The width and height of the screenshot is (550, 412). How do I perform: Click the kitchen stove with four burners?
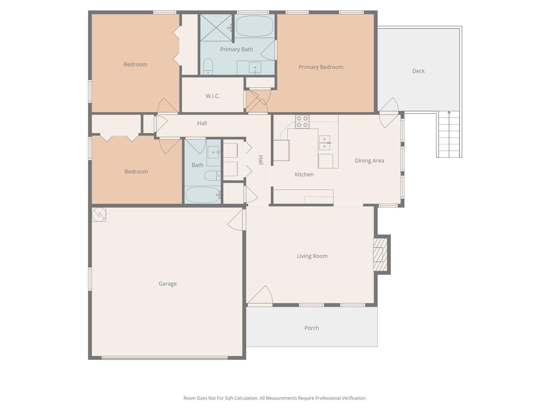[x=302, y=122]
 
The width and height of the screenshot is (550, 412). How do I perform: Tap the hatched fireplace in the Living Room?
[x=380, y=255]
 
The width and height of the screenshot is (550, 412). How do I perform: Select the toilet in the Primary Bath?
[x=208, y=66]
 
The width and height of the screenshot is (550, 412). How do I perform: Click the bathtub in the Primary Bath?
[x=254, y=26]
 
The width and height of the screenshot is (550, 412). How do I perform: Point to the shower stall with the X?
[x=216, y=28]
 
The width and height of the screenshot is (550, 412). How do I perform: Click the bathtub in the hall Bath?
[x=203, y=195]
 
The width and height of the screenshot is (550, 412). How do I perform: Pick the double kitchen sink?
[x=324, y=143]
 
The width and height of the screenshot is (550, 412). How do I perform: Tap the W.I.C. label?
[x=212, y=96]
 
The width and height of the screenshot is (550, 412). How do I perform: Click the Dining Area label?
[x=369, y=161]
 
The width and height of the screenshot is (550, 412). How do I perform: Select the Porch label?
[x=312, y=328]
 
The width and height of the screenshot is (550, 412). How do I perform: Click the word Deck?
[x=418, y=71]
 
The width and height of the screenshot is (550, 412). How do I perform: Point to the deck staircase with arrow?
[x=449, y=134]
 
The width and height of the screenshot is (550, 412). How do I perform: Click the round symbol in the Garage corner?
[x=99, y=214]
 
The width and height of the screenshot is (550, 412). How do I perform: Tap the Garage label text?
[x=168, y=284]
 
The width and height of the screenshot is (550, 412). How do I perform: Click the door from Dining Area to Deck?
[x=389, y=113]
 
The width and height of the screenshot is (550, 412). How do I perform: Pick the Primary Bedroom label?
[x=321, y=67]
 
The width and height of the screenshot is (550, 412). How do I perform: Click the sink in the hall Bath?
[x=214, y=152]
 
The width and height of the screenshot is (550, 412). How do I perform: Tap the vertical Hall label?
[x=260, y=160]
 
